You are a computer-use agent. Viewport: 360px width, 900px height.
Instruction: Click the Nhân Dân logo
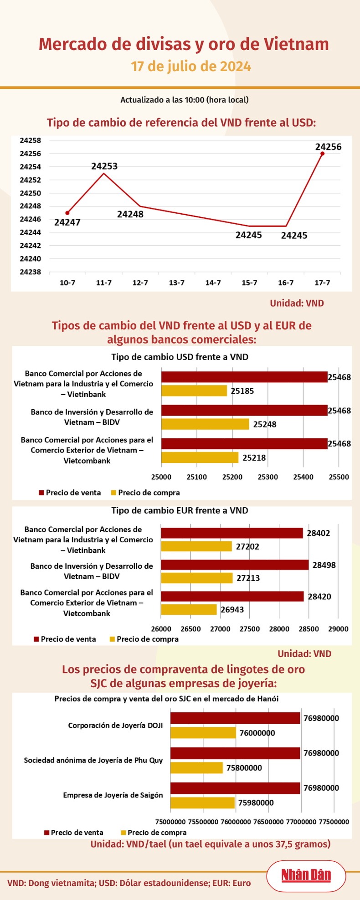(x=306, y=875)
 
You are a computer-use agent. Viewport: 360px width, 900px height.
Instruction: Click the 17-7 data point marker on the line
(x=322, y=154)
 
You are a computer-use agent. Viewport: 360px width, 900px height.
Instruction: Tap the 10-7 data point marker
(x=67, y=213)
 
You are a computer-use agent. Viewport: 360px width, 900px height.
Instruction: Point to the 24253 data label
(x=104, y=166)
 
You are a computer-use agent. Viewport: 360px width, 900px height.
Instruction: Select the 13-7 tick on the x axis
(x=176, y=283)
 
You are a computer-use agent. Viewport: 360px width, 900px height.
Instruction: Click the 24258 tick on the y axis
(x=31, y=140)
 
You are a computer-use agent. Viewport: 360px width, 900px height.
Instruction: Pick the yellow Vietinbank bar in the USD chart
(x=194, y=391)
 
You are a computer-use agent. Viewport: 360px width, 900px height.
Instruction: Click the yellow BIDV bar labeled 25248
(x=205, y=424)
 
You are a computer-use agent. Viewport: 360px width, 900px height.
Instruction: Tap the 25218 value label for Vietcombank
(x=254, y=458)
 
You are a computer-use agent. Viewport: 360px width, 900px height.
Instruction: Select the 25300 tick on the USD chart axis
(x=267, y=477)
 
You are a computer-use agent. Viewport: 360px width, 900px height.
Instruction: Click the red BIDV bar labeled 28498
(x=235, y=565)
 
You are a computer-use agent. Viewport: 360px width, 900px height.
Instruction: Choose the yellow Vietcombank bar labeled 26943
(x=189, y=609)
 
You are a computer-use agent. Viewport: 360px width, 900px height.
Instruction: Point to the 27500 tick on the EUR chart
(x=250, y=629)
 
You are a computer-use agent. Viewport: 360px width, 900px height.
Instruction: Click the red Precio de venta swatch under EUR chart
(x=36, y=639)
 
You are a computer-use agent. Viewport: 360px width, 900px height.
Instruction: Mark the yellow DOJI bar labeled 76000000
(x=203, y=733)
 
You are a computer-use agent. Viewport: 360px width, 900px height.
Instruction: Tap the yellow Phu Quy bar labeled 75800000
(x=196, y=768)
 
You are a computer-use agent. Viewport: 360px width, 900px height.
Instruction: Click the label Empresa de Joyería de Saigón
(x=113, y=795)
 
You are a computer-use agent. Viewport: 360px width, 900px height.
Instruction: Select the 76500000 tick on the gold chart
(x=268, y=822)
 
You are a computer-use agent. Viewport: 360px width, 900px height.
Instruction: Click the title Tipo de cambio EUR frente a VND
(x=180, y=510)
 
